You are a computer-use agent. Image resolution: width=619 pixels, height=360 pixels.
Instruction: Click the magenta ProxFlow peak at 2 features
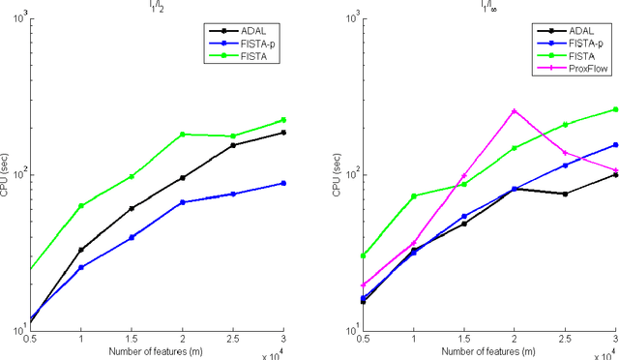(515, 110)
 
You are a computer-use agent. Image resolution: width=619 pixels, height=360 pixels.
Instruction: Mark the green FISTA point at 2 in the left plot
(183, 135)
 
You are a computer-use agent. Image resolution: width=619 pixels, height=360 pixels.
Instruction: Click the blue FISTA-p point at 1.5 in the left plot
(132, 237)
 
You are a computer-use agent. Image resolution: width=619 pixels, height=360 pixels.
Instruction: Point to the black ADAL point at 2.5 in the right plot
(565, 194)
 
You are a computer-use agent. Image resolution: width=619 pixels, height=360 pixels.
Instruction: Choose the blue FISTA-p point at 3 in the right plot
(615, 145)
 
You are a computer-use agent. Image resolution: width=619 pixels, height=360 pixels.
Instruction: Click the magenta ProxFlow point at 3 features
(615, 170)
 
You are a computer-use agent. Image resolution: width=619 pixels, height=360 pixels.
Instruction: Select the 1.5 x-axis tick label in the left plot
(132, 339)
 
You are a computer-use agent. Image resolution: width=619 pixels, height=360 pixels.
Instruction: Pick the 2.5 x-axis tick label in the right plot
(565, 339)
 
